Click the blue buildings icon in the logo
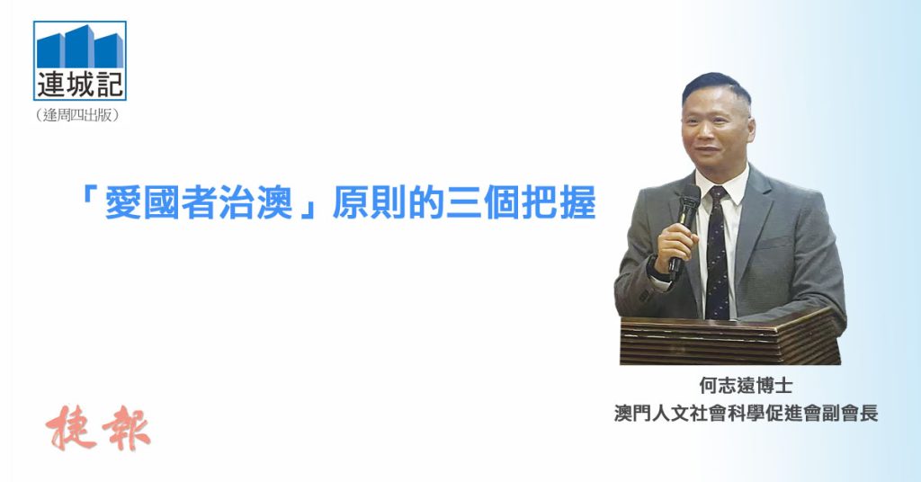(x=80, y=47)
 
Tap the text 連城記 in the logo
(x=80, y=85)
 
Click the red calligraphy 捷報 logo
(x=98, y=428)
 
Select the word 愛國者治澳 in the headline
(x=199, y=202)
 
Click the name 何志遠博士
(x=746, y=386)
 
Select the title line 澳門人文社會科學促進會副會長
(x=746, y=413)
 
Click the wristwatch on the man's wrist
(x=656, y=268)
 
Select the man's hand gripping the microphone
(x=675, y=245)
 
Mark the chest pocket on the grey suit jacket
(x=774, y=241)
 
